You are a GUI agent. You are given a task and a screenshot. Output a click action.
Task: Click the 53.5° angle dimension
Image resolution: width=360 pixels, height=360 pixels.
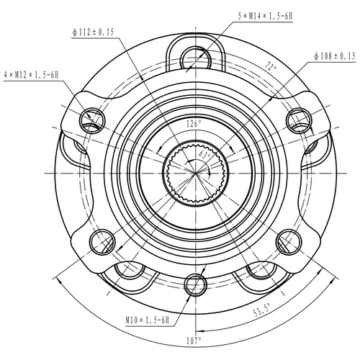point(262,312)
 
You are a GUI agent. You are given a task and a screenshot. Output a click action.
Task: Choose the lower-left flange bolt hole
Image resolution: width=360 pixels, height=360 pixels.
point(99,242)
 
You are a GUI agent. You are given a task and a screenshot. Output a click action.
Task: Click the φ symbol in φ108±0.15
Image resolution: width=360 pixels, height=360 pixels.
point(317,55)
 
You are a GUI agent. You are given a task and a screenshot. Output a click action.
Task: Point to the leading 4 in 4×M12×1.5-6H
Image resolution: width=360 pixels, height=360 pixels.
point(6,74)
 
